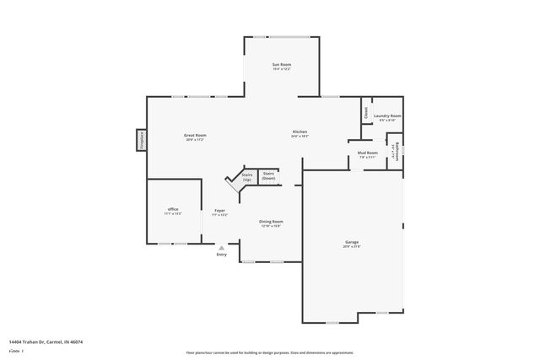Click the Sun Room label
281,65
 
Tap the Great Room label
195,135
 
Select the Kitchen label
300,132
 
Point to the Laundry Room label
387,116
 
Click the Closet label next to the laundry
365,111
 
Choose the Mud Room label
368,153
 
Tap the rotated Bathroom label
394,153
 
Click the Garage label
352,242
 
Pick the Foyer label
219,210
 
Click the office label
172,209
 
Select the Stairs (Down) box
268,175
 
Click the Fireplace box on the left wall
142,140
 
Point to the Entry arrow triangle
221,248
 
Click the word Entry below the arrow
221,255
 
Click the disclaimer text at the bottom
269,352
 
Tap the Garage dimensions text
352,246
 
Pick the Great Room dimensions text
195,139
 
